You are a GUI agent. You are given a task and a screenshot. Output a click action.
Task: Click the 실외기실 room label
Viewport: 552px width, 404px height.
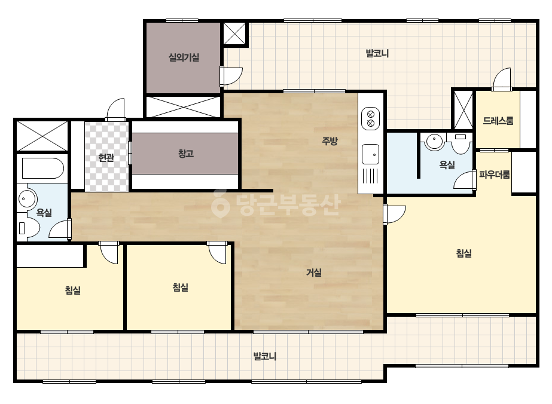[184, 57]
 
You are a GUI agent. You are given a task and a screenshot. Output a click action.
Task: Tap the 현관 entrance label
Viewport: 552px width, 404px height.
[106, 158]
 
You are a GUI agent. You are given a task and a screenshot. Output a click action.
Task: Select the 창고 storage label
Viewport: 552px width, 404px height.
[186, 154]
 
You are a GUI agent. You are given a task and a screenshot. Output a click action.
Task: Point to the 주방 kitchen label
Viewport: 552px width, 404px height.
[330, 141]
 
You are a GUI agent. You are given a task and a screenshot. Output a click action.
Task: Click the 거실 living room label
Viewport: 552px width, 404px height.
[313, 273]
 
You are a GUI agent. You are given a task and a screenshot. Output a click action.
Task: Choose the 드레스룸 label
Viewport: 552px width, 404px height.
[498, 121]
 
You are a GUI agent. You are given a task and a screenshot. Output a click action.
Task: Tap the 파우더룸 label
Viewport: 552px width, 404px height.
[494, 175]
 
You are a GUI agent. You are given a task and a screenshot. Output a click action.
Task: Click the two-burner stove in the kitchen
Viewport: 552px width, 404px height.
[370, 118]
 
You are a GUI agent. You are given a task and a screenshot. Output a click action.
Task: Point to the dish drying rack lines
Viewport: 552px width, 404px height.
[370, 176]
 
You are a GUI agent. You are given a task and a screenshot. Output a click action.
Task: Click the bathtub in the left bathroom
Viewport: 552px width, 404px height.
[43, 168]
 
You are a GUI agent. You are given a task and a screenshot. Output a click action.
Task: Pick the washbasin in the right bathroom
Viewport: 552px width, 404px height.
[434, 141]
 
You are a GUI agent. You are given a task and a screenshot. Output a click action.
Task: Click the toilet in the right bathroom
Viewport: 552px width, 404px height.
[461, 143]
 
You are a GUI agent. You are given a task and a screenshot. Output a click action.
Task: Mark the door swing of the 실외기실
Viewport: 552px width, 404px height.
[231, 76]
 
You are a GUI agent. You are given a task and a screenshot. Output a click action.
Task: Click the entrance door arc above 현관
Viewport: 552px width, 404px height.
[115, 109]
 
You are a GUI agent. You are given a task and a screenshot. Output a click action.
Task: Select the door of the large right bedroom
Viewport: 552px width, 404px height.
[394, 215]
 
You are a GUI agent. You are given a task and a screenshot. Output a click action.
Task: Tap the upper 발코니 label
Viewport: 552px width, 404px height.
[377, 54]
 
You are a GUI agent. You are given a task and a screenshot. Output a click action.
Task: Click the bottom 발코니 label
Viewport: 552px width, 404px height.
[265, 357]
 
